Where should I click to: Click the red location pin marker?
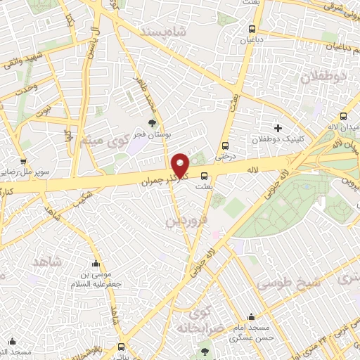181,166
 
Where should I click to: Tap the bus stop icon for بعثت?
205,176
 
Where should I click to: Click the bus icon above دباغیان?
252,29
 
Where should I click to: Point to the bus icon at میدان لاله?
344,117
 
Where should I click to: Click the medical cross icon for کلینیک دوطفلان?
278,129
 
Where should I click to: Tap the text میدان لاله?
345,127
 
